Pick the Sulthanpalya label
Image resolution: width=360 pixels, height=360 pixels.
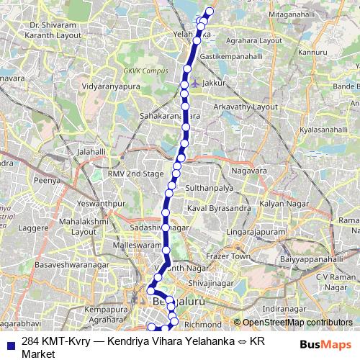click(210, 187)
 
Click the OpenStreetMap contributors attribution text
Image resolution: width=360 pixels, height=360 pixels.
click(296, 323)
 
